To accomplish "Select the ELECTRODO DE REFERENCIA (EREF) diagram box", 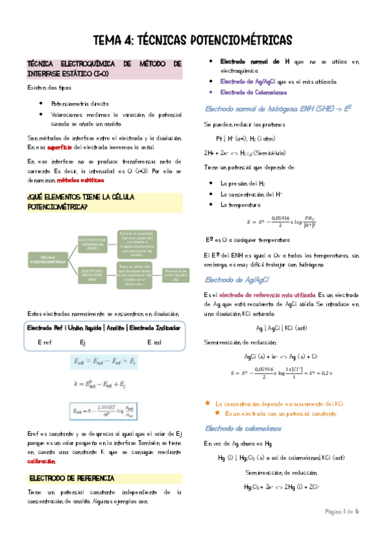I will (x=92, y=243).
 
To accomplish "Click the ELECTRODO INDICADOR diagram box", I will (x=92, y=276).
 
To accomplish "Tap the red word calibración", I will (x=40, y=461).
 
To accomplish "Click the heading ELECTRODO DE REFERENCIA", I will (x=72, y=478).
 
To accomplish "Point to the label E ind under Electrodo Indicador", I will (x=154, y=341).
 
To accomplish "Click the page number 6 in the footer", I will (x=356, y=529).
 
